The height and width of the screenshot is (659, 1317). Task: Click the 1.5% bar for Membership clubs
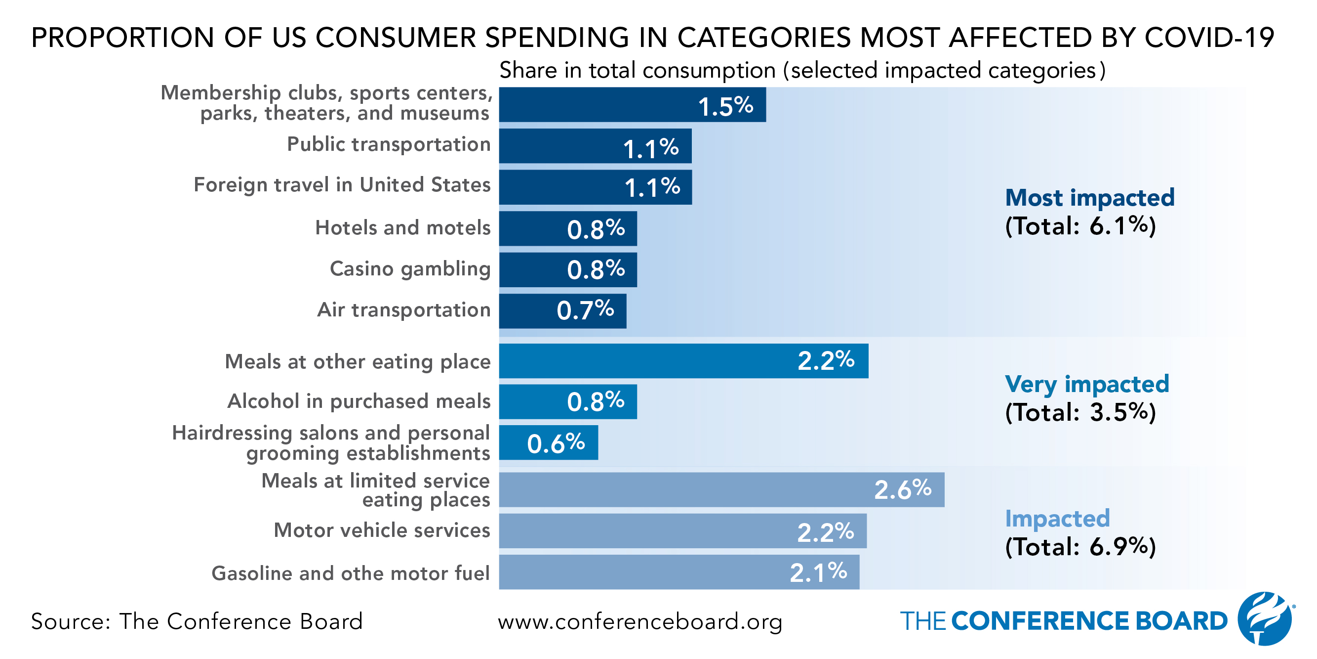(x=632, y=105)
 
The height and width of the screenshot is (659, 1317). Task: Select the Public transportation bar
(x=595, y=146)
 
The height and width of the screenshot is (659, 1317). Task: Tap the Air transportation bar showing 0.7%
(x=562, y=311)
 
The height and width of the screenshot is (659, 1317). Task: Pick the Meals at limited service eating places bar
(x=721, y=490)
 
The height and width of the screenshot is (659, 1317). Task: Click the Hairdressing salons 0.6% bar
(x=548, y=443)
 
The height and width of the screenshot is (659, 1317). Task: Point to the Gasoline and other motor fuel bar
(x=679, y=572)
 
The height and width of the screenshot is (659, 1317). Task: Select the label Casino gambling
(x=410, y=269)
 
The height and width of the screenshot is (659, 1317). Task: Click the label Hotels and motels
(x=402, y=228)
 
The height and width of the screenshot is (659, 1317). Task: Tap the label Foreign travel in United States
(x=342, y=185)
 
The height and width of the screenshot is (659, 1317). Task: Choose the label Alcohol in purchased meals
(x=359, y=401)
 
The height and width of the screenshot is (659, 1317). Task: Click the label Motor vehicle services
(x=381, y=530)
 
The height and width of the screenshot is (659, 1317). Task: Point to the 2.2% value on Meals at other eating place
(x=826, y=361)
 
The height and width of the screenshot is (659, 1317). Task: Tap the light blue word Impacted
(x=1057, y=519)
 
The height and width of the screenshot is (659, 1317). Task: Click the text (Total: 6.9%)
(x=1080, y=547)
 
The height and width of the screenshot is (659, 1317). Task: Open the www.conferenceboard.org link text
(x=639, y=621)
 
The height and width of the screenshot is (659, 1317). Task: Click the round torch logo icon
(x=1264, y=618)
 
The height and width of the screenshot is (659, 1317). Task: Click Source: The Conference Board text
(x=197, y=621)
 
